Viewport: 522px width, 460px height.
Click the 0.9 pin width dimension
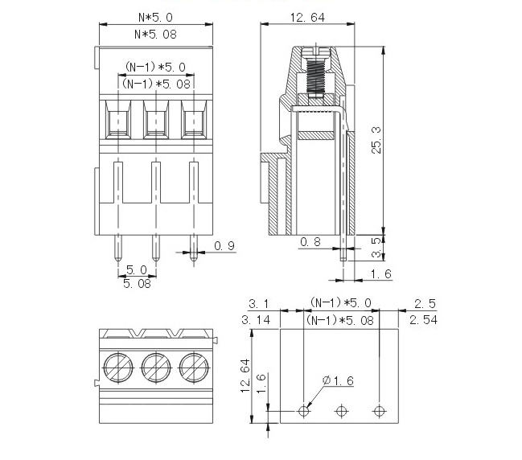pyautogui.click(x=225, y=246)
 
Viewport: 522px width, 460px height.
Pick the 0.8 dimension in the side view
pyautogui.click(x=310, y=241)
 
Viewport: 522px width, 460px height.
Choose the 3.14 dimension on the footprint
pyautogui.click(x=258, y=320)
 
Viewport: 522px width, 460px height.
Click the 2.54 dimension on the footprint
pyautogui.click(x=423, y=320)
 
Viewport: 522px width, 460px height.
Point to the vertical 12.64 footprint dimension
pyautogui.click(x=245, y=375)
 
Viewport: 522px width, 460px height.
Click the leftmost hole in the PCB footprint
pyautogui.click(x=303, y=411)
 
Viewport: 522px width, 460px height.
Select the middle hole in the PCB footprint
pyautogui.click(x=341, y=411)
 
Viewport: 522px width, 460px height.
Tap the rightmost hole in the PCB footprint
pyautogui.click(x=379, y=411)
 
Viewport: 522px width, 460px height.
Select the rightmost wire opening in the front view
pyautogui.click(x=195, y=121)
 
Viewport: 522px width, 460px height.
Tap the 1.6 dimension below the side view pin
pyautogui.click(x=382, y=275)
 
